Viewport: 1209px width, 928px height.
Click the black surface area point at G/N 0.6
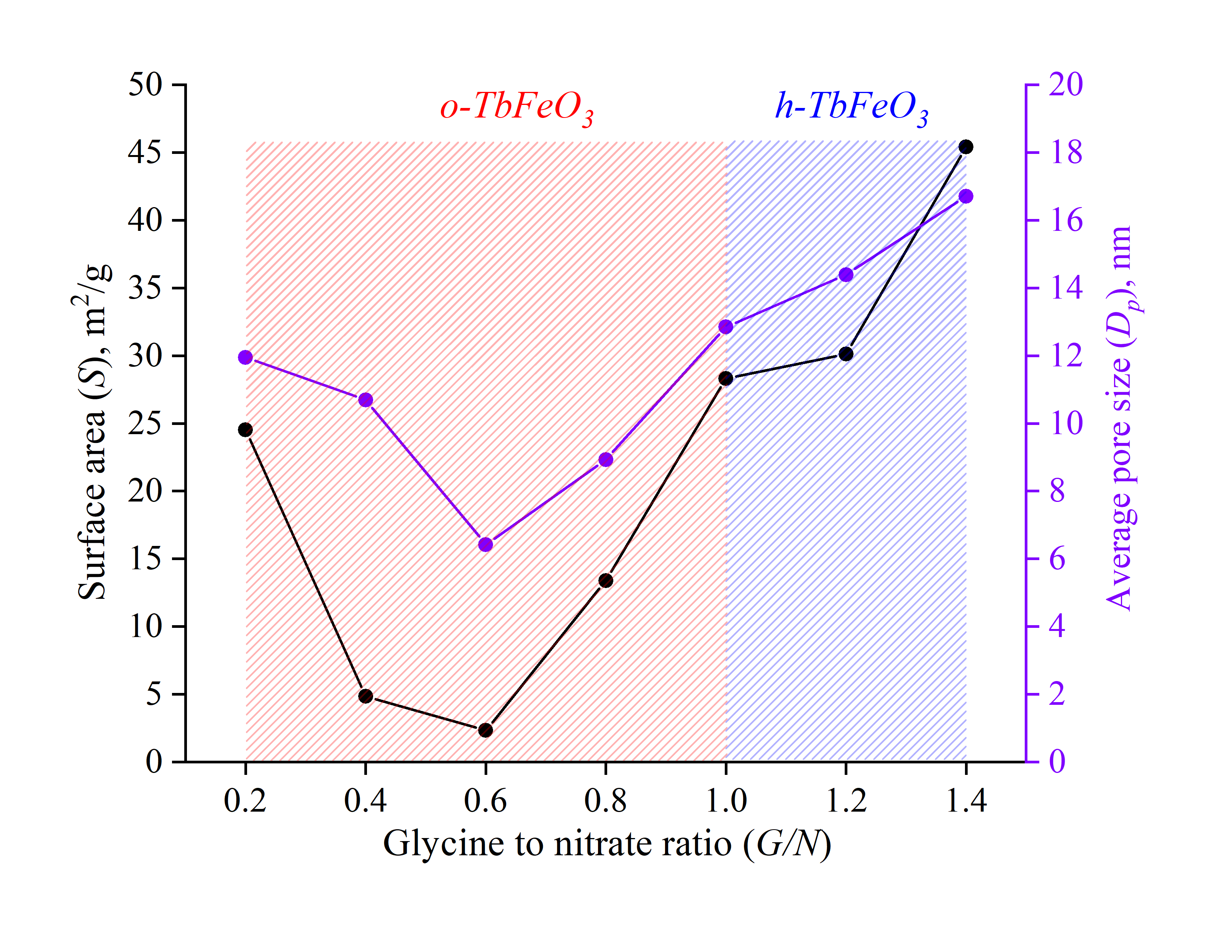pyautogui.click(x=485, y=730)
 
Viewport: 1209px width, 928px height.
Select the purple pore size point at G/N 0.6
pyautogui.click(x=485, y=545)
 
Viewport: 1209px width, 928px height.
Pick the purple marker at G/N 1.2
pyautogui.click(x=846, y=274)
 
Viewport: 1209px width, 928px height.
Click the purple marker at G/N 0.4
pyautogui.click(x=365, y=400)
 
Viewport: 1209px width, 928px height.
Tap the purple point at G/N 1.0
pyautogui.click(x=726, y=327)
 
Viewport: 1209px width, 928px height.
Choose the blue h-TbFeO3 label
pyautogui.click(x=851, y=107)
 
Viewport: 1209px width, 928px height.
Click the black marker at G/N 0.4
pyautogui.click(x=365, y=696)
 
